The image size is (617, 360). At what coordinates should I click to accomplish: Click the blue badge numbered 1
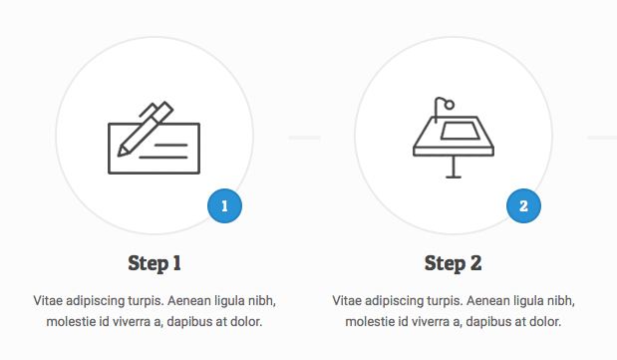tap(224, 206)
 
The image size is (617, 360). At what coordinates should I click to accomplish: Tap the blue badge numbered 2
tap(523, 206)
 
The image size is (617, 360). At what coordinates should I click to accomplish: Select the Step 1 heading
tap(154, 263)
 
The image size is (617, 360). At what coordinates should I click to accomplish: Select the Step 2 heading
tap(454, 263)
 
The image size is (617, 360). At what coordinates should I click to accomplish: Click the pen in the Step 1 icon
tap(146, 129)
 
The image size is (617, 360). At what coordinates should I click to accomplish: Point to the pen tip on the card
tap(120, 154)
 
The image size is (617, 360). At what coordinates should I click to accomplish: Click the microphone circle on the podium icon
tap(450, 105)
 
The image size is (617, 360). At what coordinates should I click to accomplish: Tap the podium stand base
tap(454, 177)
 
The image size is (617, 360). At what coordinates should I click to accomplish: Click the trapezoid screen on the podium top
tap(461, 131)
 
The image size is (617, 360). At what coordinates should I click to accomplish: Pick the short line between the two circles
tap(305, 138)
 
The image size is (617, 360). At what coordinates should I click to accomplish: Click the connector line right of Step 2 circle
tap(602, 138)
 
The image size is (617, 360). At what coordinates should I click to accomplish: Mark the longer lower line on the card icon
tap(163, 158)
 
